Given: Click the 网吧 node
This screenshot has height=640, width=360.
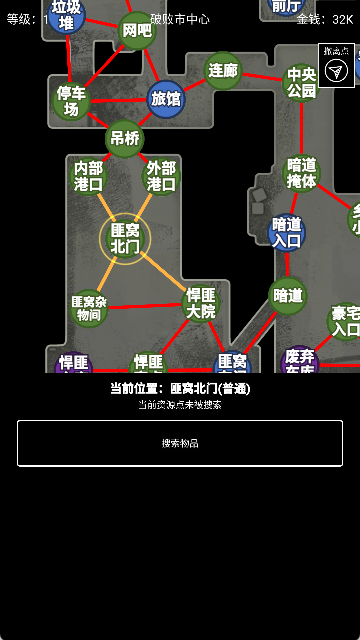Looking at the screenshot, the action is [137, 31].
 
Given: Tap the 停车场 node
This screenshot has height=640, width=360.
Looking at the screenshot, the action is [71, 101].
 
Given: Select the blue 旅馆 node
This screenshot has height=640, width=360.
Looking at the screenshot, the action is [166, 98].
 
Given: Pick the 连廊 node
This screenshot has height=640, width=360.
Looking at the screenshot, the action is [223, 71].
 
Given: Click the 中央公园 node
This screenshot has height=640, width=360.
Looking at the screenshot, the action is [301, 82].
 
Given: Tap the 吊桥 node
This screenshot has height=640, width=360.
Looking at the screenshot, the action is [125, 138].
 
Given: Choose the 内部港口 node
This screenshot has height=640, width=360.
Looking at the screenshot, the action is [89, 177].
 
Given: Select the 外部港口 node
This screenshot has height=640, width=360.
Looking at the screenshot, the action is [161, 177].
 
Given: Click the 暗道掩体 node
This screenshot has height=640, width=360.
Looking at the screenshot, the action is [301, 173].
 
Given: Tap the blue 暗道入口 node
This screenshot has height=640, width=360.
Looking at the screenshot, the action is [287, 232].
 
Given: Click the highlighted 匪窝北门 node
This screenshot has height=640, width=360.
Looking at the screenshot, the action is [125, 238].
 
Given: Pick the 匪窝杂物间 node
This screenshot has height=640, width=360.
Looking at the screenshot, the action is [88, 307].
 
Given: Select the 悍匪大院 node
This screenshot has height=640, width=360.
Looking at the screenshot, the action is [200, 303].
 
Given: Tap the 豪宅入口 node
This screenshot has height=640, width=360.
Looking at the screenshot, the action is [346, 322].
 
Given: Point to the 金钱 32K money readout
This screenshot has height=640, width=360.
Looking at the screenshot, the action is [324, 18].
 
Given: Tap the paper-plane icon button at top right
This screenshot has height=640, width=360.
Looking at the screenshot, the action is [338, 70].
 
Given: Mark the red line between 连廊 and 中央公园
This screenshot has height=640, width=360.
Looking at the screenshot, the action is [262, 76].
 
